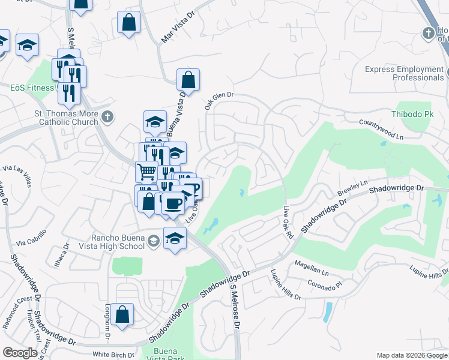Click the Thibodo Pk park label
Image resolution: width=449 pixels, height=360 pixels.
(412, 113)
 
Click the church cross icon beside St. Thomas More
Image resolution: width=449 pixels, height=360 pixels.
(107, 116)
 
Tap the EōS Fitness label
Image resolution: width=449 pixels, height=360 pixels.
(32, 88)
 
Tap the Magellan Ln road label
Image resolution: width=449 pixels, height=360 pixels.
(312, 268)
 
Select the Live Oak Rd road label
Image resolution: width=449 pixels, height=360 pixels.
(288, 224)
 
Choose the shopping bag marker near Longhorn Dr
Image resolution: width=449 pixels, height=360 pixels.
(122, 315)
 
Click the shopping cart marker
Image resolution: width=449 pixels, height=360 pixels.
(147, 172)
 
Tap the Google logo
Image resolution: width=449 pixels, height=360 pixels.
(20, 353)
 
